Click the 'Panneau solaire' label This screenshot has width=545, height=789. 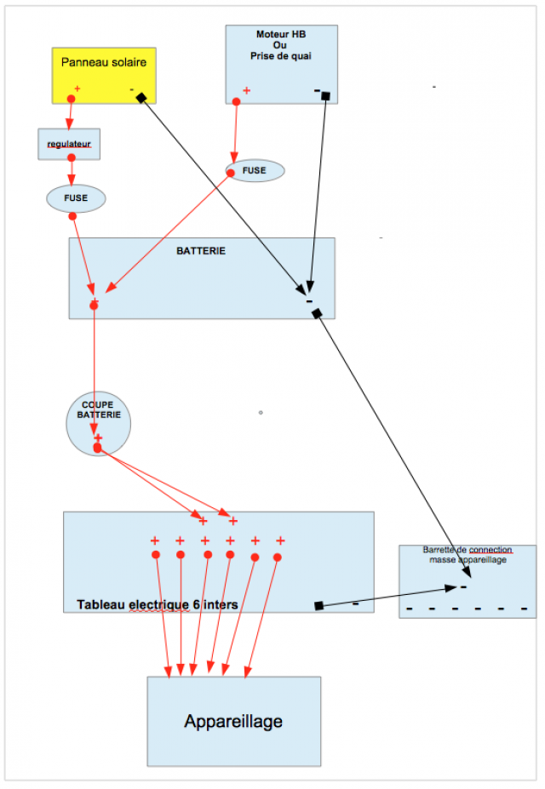pos(104,61)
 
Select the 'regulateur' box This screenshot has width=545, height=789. pos(70,144)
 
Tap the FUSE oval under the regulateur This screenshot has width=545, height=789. pos(76,198)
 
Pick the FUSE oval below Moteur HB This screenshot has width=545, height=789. pos(255,170)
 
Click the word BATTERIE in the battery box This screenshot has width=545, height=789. pos(201,251)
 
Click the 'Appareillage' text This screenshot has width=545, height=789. pos(233,722)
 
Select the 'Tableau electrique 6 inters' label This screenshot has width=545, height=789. pos(158,604)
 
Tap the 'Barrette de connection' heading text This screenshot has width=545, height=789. pos(468,550)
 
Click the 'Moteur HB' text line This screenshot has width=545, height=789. pos(281,35)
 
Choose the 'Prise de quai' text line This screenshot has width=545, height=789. pos(281,56)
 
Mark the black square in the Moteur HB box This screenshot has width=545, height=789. pos(325,95)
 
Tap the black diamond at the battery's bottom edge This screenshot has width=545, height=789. pos(317,314)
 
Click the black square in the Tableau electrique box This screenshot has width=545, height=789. pos(318,605)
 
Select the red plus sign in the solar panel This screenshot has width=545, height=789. pos(77,89)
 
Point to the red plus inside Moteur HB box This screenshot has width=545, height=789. pos(247,90)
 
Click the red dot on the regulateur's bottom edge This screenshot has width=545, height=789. pos(72,157)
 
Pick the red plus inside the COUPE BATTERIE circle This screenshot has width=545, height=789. pos(98,437)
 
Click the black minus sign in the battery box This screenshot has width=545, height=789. pos(309,301)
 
